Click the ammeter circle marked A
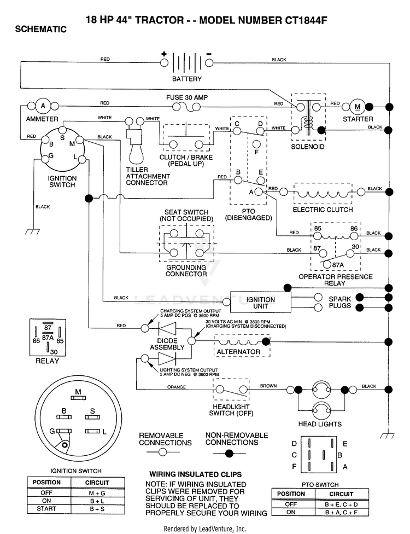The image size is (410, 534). [43, 106]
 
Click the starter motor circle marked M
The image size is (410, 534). [358, 107]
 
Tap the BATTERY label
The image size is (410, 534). [187, 79]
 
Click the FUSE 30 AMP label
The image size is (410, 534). [187, 97]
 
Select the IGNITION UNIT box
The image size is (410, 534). [261, 302]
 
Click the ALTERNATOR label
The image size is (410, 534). [238, 351]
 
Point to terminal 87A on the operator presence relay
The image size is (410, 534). [327, 264]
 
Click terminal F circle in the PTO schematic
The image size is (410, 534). [257, 143]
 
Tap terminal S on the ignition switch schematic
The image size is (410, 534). [63, 130]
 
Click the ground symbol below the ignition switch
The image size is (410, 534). [33, 231]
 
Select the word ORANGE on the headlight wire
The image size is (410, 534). [177, 387]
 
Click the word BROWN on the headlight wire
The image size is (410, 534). [268, 386]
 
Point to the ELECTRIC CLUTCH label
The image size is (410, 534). [323, 210]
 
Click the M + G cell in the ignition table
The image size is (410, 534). [97, 493]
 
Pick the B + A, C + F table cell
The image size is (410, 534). [341, 512]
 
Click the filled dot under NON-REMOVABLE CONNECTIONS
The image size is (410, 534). [230, 453]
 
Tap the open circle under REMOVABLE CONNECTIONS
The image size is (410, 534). [163, 452]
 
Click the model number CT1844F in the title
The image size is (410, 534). [306, 20]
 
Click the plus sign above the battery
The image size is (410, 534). [164, 54]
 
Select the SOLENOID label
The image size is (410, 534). [308, 147]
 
